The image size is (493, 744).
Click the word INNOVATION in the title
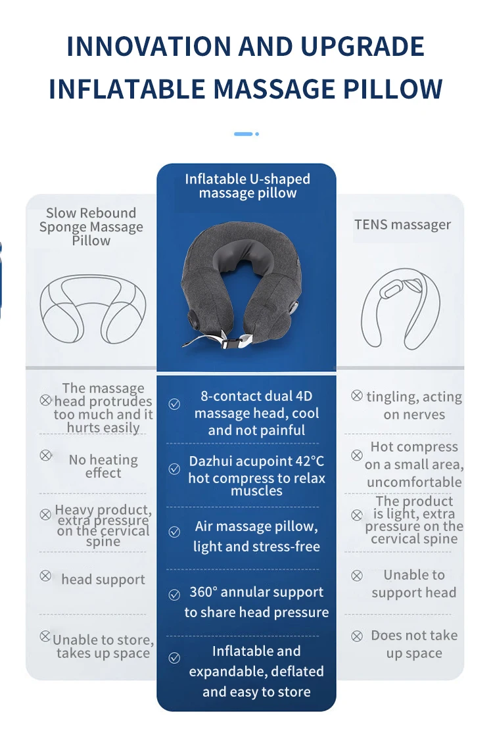tap(148, 47)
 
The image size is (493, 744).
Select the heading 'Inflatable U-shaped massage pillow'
tap(247, 186)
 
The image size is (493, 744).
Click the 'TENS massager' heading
tap(402, 225)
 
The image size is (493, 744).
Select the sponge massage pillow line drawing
tap(93, 308)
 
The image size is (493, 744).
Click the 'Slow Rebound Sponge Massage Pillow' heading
tap(91, 227)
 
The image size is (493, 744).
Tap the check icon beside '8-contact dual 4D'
tap(174, 404)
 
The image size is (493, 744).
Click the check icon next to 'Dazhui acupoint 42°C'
tap(174, 469)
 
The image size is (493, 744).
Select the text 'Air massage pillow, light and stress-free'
tap(256, 536)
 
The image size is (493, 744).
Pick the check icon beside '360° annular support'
tap(174, 595)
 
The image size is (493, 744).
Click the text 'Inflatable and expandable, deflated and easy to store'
tap(256, 671)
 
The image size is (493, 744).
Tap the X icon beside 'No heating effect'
tap(45, 455)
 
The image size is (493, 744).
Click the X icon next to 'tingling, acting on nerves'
tap(357, 396)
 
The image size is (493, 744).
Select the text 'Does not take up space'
tap(414, 644)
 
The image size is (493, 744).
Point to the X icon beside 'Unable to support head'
tap(357, 576)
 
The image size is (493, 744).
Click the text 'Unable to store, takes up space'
tap(103, 646)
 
